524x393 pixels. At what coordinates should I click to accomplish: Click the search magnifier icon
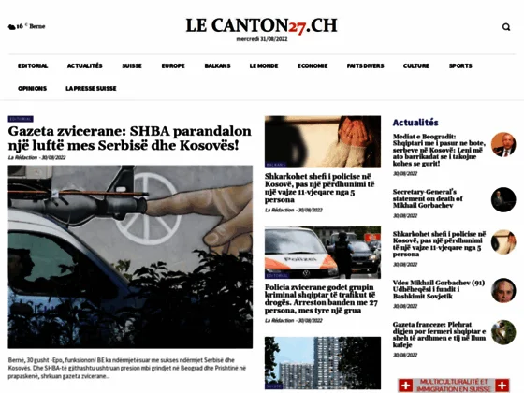click(506, 27)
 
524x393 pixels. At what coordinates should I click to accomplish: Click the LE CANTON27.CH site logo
click(262, 24)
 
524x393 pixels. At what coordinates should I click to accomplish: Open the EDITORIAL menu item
click(32, 66)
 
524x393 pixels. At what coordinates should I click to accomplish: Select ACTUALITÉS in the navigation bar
click(85, 66)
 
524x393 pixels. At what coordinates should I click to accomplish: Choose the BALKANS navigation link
click(217, 66)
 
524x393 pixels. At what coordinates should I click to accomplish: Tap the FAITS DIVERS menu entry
click(365, 66)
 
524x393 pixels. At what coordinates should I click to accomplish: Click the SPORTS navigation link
click(460, 66)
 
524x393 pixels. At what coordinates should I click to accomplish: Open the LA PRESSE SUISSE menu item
click(91, 88)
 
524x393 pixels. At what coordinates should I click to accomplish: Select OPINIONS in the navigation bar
click(32, 88)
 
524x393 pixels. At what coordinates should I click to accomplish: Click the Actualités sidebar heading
click(415, 123)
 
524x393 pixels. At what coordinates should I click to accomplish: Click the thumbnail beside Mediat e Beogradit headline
click(503, 145)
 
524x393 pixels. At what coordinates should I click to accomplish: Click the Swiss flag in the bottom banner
click(405, 385)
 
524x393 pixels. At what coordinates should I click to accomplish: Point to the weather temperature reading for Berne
click(18, 27)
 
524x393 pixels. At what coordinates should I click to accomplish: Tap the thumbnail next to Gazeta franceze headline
click(503, 332)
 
